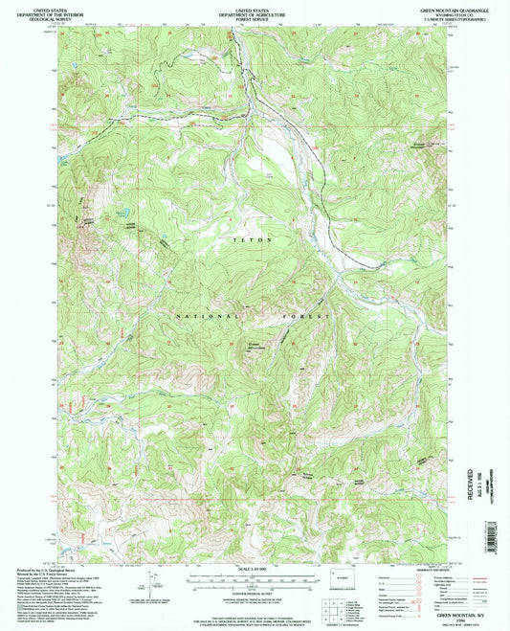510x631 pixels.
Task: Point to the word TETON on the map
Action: [x=254, y=239]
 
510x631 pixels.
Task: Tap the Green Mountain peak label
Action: [x=256, y=347]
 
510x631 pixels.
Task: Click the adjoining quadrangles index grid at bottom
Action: [x=336, y=608]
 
